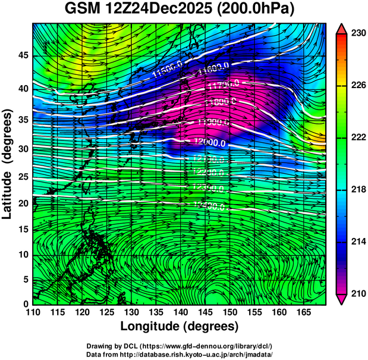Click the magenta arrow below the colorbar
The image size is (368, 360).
pyautogui.click(x=342, y=299)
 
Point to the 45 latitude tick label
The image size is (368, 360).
pyautogui.click(x=22, y=55)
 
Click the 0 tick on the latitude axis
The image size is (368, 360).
pyautogui.click(x=26, y=304)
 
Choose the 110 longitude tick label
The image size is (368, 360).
pyautogui.click(x=32, y=312)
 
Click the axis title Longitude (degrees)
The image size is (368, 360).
pyautogui.click(x=180, y=327)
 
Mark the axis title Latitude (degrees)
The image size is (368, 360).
pyautogui.click(x=8, y=164)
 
